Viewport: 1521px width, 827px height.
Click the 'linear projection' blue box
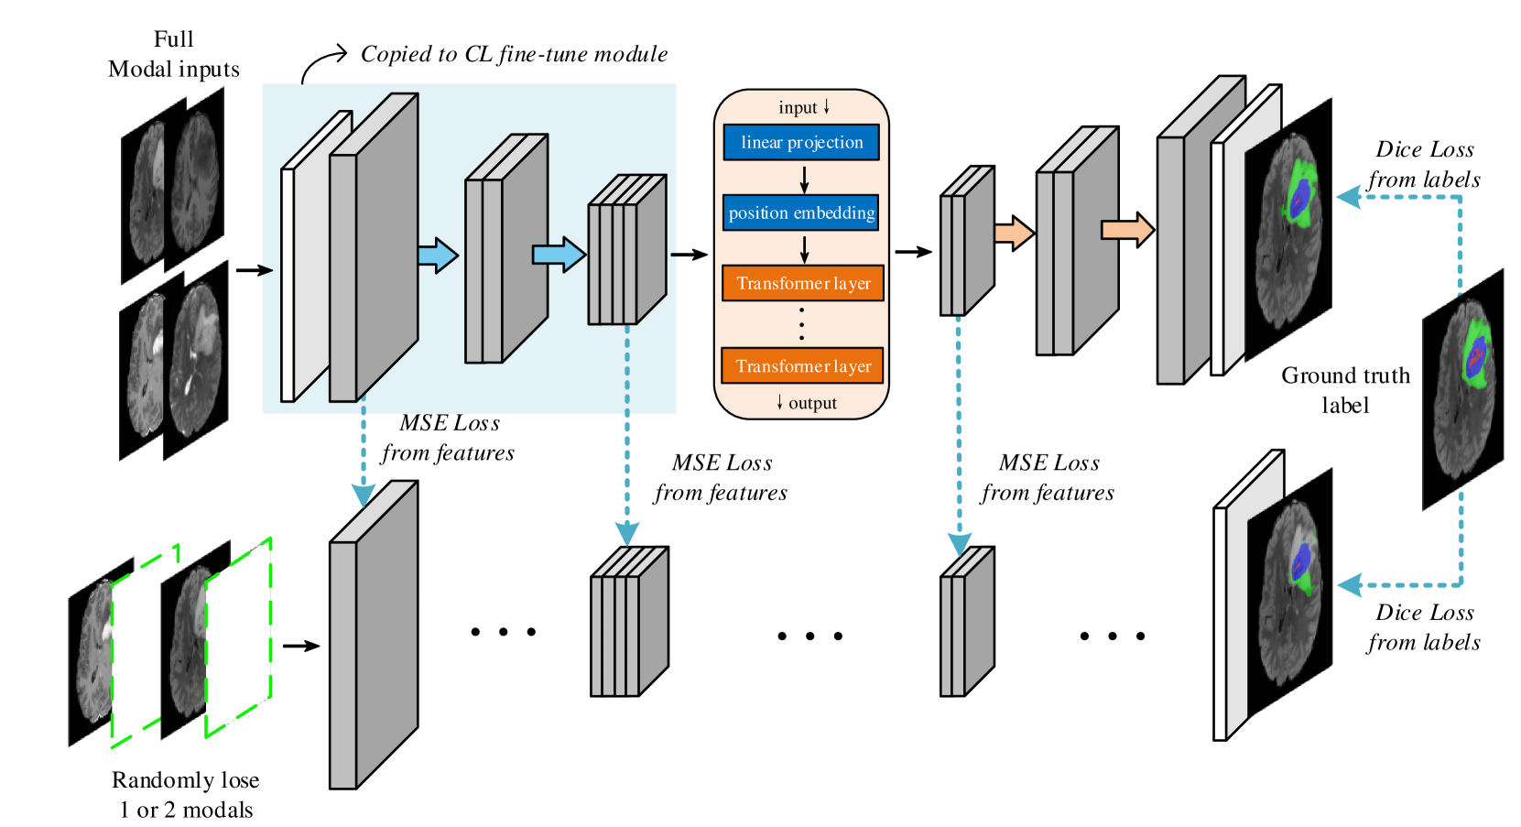click(x=801, y=142)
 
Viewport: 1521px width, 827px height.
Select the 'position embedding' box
click(x=801, y=212)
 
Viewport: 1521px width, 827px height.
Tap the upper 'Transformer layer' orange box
click(x=803, y=283)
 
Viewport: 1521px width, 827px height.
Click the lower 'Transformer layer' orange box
click(x=803, y=365)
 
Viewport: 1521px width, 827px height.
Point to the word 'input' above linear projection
click(x=798, y=108)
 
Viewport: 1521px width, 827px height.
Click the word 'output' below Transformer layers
click(x=812, y=403)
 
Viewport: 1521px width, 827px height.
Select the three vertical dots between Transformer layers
click(x=802, y=324)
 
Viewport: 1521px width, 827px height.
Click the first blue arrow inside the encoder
click(x=439, y=256)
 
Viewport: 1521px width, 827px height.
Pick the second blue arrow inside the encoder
click(x=559, y=254)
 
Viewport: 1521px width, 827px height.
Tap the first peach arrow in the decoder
click(x=1014, y=233)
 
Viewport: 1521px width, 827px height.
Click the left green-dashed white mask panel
click(x=144, y=646)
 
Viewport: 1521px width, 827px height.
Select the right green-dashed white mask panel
click(x=238, y=637)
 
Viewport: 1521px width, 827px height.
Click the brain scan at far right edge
click(x=1464, y=389)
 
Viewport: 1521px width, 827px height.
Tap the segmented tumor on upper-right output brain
click(x=1299, y=194)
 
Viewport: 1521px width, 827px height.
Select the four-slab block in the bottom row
click(x=629, y=623)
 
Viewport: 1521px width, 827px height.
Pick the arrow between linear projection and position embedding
click(x=804, y=179)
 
